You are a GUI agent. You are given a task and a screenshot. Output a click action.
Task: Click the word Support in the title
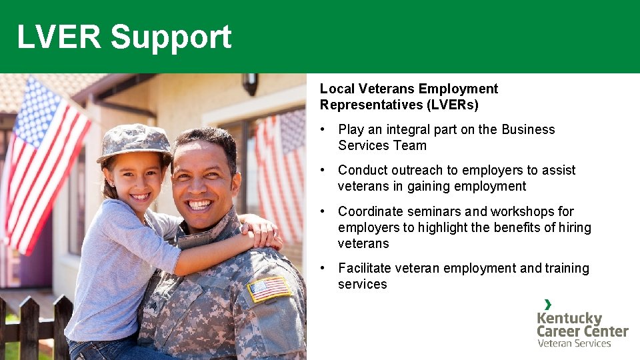171,37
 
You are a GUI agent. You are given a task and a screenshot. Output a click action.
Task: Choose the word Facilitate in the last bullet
365,268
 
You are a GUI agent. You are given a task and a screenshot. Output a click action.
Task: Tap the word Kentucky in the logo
569,318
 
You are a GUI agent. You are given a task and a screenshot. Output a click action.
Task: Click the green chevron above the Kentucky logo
547,304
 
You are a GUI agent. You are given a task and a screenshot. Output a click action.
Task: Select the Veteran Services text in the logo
574,343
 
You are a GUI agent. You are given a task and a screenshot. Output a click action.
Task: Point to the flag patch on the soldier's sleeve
269,288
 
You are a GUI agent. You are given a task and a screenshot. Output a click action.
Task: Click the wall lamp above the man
250,83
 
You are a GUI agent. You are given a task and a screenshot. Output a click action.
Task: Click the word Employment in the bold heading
457,89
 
